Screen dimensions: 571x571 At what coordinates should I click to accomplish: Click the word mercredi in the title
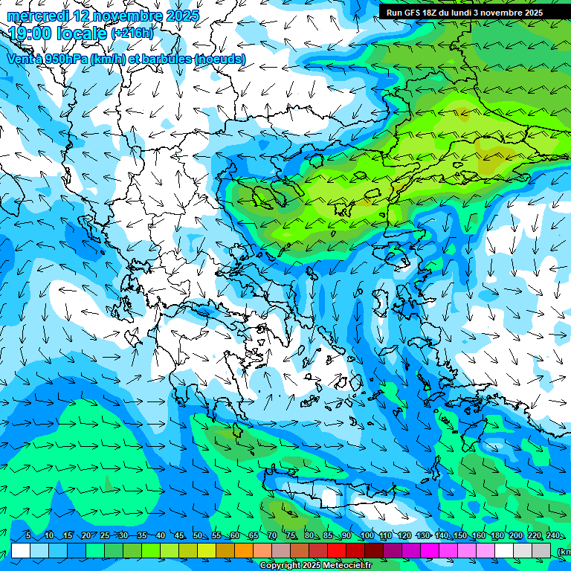point(38,16)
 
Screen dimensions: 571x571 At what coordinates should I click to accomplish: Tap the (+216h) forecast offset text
point(132,33)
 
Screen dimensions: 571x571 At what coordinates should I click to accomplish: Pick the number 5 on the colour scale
point(28,536)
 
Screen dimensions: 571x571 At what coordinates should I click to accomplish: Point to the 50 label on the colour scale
point(198,536)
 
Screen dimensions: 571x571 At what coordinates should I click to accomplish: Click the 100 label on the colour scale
point(367,536)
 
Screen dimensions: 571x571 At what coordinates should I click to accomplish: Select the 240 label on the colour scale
point(553,536)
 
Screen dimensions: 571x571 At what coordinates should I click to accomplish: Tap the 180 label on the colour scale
point(497,536)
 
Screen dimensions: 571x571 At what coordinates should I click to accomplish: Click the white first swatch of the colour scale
point(21,550)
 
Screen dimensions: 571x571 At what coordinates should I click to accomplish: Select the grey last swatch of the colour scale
point(541,550)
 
